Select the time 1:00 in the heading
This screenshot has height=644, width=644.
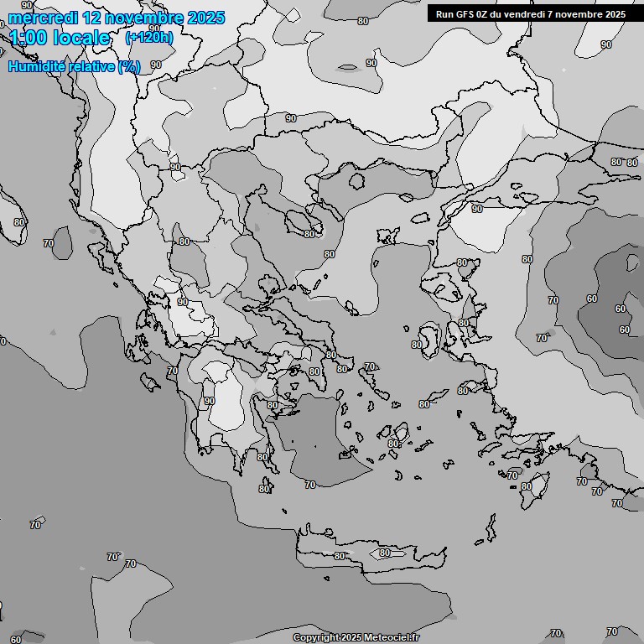tap(29, 38)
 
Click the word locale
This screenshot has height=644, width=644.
tap(81, 38)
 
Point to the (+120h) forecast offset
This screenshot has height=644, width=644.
tap(149, 38)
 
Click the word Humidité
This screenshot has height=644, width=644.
tap(35, 66)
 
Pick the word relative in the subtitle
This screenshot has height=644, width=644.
tap(91, 66)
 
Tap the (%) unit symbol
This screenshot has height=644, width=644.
tap(129, 66)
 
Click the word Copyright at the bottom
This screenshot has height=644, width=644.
tap(315, 637)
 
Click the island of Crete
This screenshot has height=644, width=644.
tap(369, 555)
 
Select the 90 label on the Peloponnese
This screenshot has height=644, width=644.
tap(210, 401)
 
